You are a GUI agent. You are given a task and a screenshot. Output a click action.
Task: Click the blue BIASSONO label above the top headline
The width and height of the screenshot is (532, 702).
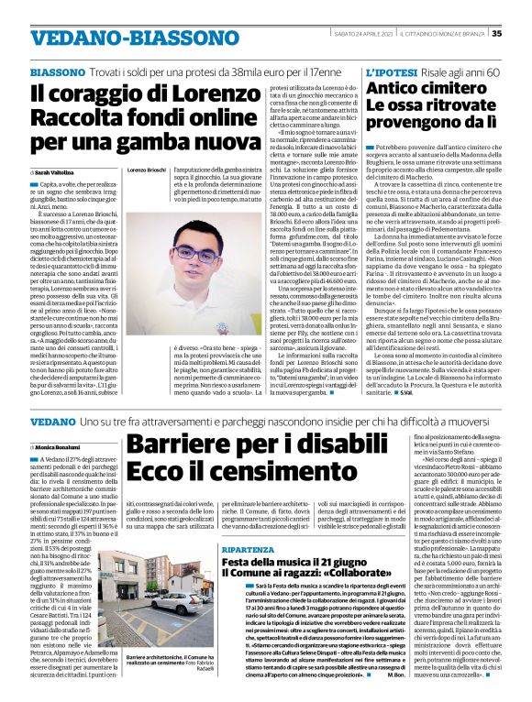point(58,71)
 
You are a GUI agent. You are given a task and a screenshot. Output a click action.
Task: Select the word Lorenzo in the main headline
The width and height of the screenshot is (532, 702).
point(203,93)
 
